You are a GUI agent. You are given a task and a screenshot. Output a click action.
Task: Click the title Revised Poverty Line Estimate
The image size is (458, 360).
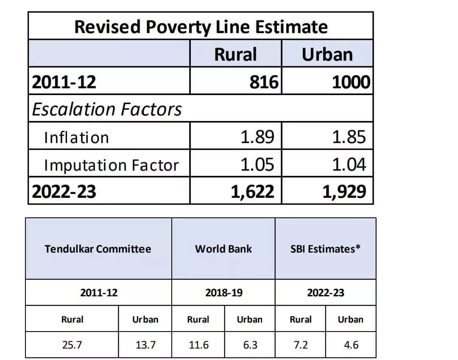click(201, 27)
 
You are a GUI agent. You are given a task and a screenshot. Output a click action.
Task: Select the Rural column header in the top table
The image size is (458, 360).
click(235, 54)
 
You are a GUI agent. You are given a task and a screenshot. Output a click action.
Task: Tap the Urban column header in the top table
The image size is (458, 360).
click(327, 54)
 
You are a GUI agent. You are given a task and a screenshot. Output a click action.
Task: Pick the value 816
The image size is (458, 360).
click(263, 82)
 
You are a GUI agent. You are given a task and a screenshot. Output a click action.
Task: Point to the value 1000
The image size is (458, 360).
click(351, 82)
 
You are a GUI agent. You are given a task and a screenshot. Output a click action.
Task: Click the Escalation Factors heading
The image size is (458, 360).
click(107, 109)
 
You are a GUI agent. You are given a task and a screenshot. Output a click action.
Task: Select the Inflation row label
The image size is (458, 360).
click(76, 138)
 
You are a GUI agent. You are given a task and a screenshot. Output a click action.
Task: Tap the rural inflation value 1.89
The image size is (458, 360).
click(257, 137)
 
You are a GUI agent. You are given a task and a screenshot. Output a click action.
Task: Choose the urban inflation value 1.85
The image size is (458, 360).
click(349, 137)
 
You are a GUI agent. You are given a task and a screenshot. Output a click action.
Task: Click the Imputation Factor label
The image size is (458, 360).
click(111, 165)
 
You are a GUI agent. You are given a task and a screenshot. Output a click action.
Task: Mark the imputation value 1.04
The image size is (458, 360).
click(349, 164)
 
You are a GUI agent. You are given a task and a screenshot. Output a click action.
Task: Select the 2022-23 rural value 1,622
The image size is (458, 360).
click(252, 192)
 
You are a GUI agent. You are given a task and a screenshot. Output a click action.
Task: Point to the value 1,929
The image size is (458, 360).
click(344, 192)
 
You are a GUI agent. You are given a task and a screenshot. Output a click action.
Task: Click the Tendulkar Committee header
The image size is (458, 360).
click(98, 249)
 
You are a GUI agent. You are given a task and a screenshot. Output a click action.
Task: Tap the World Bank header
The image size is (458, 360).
click(223, 249)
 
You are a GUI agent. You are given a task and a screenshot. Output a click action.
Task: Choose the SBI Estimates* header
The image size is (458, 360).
click(325, 249)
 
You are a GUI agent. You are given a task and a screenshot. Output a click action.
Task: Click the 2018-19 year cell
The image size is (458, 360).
click(223, 292)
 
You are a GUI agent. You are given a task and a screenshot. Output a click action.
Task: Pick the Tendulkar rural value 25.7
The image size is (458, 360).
click(72, 345)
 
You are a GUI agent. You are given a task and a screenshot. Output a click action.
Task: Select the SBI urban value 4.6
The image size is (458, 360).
click(350, 345)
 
